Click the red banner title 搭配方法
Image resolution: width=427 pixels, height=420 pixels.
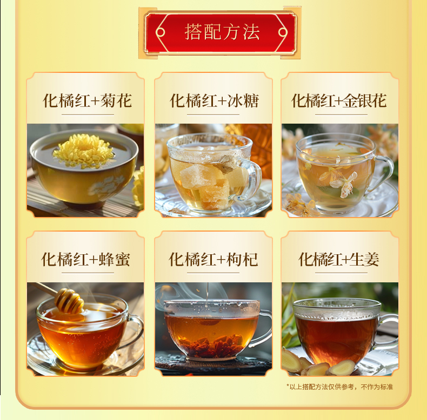tap(222, 32)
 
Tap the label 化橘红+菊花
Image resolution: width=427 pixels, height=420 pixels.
tap(87, 100)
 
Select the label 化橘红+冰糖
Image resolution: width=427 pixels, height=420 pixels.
tap(214, 100)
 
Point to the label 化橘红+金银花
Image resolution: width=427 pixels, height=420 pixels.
tap(339, 100)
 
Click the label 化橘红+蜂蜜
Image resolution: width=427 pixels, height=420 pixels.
tap(85, 259)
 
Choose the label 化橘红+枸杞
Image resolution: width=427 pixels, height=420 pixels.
tap(213, 259)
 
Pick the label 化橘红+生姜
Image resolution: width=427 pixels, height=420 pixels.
tap(339, 259)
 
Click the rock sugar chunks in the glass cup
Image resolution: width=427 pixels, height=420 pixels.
tap(207, 185)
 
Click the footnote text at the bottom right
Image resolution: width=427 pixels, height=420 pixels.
tap(340, 387)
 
